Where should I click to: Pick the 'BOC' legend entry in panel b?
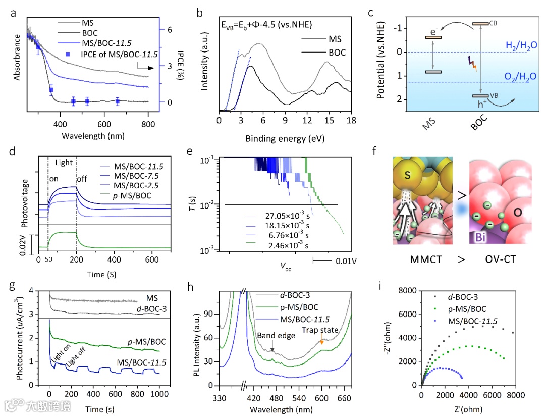[x=330, y=53]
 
